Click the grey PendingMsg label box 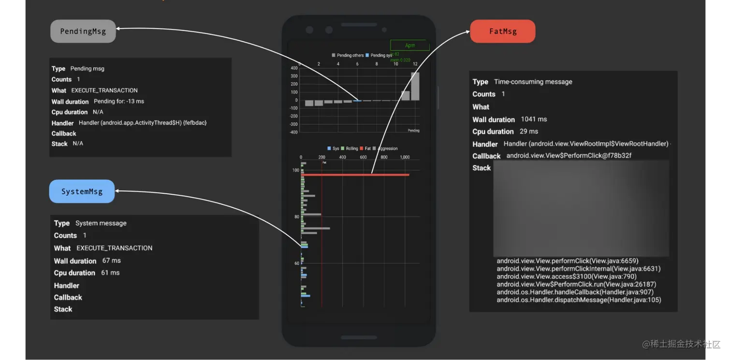point(83,31)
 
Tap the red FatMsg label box point(503,31)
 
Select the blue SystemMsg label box point(82,191)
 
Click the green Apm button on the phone point(410,45)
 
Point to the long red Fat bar point(355,174)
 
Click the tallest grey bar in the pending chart point(415,86)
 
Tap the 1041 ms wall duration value point(534,119)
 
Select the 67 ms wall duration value point(112,260)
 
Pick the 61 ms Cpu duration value point(110,273)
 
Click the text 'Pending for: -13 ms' point(119,101)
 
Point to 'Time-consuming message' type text point(533,82)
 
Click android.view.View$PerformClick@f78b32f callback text point(569,156)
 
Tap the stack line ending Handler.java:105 point(579,300)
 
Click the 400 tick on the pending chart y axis point(294,68)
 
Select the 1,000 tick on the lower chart point(405,157)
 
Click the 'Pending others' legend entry point(348,56)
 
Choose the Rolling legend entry point(350,148)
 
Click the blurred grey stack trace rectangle point(581,208)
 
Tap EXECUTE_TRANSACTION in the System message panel point(115,248)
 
